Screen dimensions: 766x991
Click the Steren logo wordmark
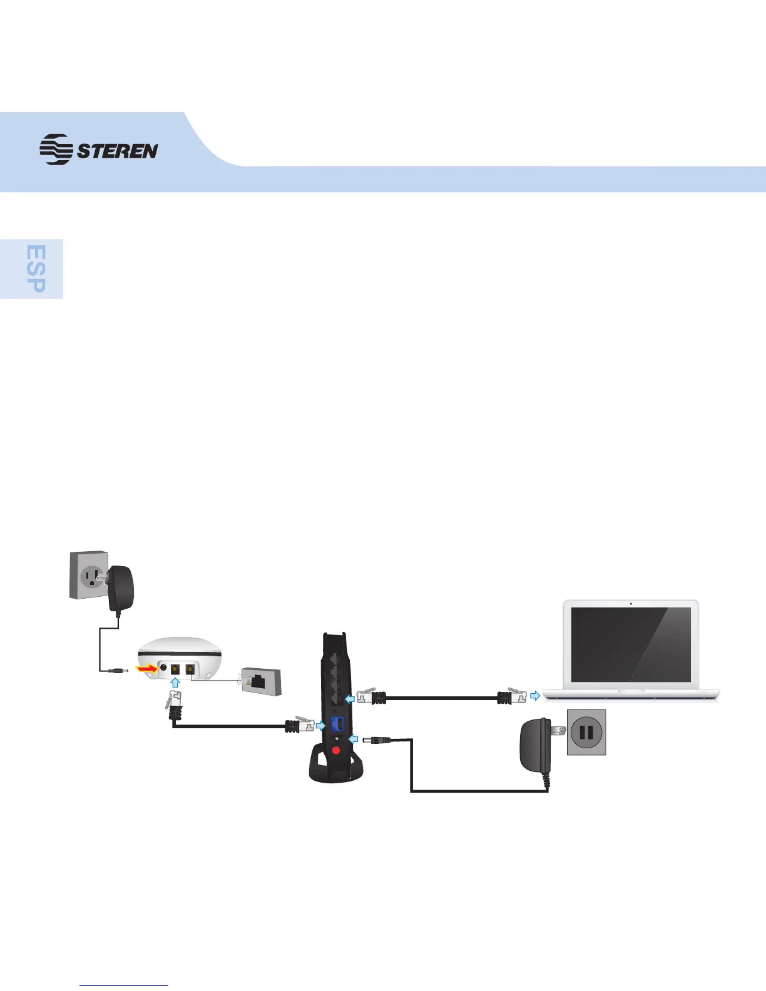pos(117,151)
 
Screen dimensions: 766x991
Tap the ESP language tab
pos(37,268)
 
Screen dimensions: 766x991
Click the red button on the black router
pos(336,750)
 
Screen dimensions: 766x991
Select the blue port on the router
pos(337,726)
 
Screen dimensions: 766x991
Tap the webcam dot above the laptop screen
pos(631,604)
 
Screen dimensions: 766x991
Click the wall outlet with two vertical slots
pos(586,732)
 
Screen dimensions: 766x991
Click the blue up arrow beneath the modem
pos(176,684)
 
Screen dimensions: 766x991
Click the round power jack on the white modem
pos(163,668)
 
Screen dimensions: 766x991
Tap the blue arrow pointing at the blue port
pos(321,726)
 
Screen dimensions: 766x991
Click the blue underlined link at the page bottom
pos(125,985)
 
